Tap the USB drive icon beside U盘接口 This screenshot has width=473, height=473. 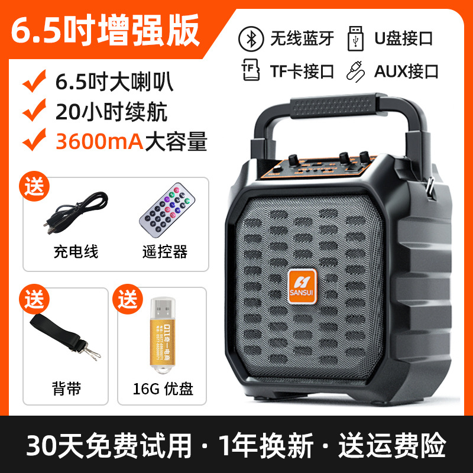click(356, 37)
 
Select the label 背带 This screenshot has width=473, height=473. click(67, 388)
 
